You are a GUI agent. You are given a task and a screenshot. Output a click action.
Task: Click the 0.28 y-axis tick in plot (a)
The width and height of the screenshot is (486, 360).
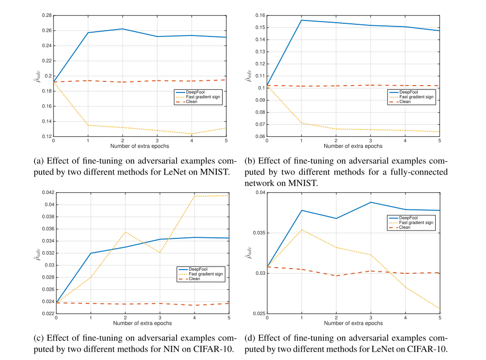tap(45, 15)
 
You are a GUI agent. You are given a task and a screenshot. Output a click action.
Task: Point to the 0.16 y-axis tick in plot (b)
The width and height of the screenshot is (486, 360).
tap(259, 15)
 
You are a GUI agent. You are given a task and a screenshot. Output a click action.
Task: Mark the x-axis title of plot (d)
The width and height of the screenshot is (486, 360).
tap(353, 322)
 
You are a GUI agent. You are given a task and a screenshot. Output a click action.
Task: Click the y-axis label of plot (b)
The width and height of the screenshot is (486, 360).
tap(247, 76)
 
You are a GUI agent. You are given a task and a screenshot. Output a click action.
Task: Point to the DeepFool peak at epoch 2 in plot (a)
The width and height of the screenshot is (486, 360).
tap(123, 29)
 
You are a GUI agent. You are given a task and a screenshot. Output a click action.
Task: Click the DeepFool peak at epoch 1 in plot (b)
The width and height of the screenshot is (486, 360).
tap(301, 20)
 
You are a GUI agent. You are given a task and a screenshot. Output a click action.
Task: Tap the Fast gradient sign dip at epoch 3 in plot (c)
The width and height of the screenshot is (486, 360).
tap(160, 253)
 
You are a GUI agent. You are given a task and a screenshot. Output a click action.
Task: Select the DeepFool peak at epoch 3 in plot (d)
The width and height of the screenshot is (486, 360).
tap(371, 202)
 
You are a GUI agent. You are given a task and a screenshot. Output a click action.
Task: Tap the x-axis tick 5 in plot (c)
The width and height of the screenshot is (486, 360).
tap(228, 318)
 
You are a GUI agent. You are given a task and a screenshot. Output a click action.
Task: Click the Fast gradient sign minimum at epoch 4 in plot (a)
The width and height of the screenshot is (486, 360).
tap(192, 134)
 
